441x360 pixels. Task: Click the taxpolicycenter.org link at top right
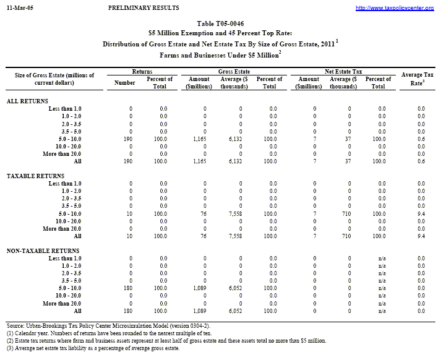[x=403, y=8]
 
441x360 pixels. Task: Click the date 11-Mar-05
[x=19, y=7]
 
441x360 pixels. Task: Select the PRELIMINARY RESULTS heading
[x=143, y=7]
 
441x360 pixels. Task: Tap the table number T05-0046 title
[x=220, y=22]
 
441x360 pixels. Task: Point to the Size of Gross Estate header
[x=54, y=79]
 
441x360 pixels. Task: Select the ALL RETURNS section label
[x=27, y=100]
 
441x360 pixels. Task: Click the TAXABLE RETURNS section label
[x=35, y=176]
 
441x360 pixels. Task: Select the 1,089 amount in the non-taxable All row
[x=199, y=311]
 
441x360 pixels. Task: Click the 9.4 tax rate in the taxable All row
[x=421, y=236]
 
